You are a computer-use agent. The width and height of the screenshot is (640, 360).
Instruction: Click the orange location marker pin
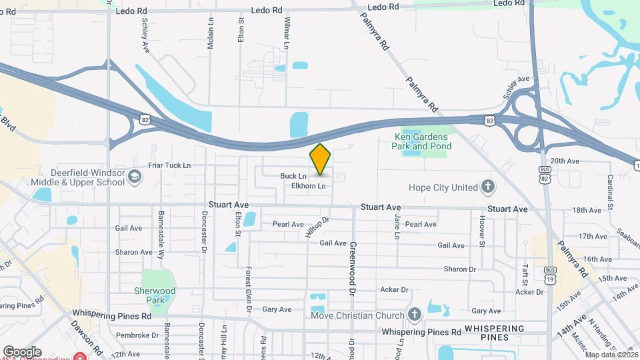point(321,159)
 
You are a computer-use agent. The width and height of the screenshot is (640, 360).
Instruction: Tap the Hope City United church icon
point(488,187)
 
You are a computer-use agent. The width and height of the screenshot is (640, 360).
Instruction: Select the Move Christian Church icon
point(415,315)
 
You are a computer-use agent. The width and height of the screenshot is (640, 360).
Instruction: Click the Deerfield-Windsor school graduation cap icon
point(135,177)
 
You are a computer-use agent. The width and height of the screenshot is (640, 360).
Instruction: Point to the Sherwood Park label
point(155,295)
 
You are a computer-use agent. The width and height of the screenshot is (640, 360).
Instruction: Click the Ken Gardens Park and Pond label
point(418,141)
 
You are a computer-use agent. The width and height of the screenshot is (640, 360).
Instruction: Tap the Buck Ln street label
point(293,176)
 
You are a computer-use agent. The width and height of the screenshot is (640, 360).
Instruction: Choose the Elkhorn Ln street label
point(309,186)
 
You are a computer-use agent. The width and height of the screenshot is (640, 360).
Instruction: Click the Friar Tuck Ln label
point(169,165)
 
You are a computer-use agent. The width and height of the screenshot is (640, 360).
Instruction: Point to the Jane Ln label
point(397,227)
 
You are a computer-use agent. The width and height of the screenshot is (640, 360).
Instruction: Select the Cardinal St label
point(611,191)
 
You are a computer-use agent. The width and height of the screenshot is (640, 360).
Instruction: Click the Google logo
point(22,352)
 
